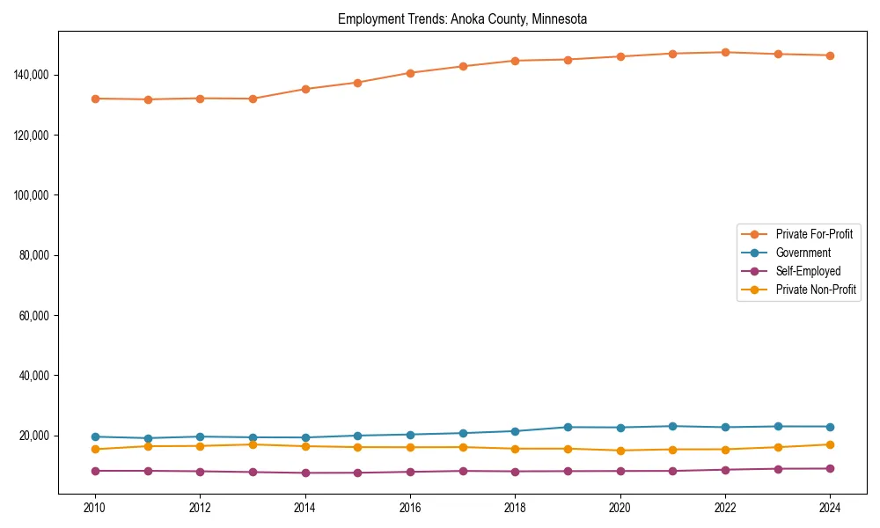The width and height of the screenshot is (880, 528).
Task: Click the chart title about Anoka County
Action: pyautogui.click(x=462, y=18)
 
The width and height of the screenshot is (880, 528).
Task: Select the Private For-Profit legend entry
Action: pyautogui.click(x=814, y=234)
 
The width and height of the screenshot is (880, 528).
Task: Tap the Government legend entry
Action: pyautogui.click(x=803, y=253)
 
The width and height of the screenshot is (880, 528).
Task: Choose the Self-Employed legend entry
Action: pyautogui.click(x=808, y=271)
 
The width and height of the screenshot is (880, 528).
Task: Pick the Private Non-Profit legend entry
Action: pyautogui.click(x=816, y=290)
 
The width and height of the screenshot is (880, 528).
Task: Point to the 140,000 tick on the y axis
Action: pyautogui.click(x=31, y=75)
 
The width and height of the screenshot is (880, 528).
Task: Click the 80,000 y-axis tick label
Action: pyautogui.click(x=33, y=255)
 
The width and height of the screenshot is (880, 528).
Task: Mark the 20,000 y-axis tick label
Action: pyautogui.click(x=33, y=436)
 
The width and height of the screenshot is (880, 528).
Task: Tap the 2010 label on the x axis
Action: pyautogui.click(x=95, y=508)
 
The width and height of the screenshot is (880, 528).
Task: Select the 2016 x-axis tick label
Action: pyautogui.click(x=410, y=508)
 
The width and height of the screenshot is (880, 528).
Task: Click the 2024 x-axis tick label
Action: pyautogui.click(x=830, y=508)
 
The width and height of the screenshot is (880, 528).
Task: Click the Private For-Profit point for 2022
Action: pyautogui.click(x=725, y=52)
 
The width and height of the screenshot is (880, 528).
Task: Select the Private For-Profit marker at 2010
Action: pyautogui.click(x=95, y=99)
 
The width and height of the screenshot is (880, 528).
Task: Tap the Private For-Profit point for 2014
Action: pyautogui.click(x=305, y=89)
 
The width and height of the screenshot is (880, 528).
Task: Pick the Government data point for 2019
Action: pyautogui.click(x=568, y=427)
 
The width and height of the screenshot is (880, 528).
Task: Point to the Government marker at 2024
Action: pyautogui.click(x=830, y=427)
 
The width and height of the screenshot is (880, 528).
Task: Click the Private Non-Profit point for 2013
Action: pyautogui.click(x=253, y=444)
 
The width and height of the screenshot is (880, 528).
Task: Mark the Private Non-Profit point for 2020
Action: pyautogui.click(x=620, y=451)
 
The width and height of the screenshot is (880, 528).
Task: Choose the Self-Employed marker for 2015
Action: pyautogui.click(x=357, y=473)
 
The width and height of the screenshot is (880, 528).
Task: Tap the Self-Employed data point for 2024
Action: pyautogui.click(x=830, y=468)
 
